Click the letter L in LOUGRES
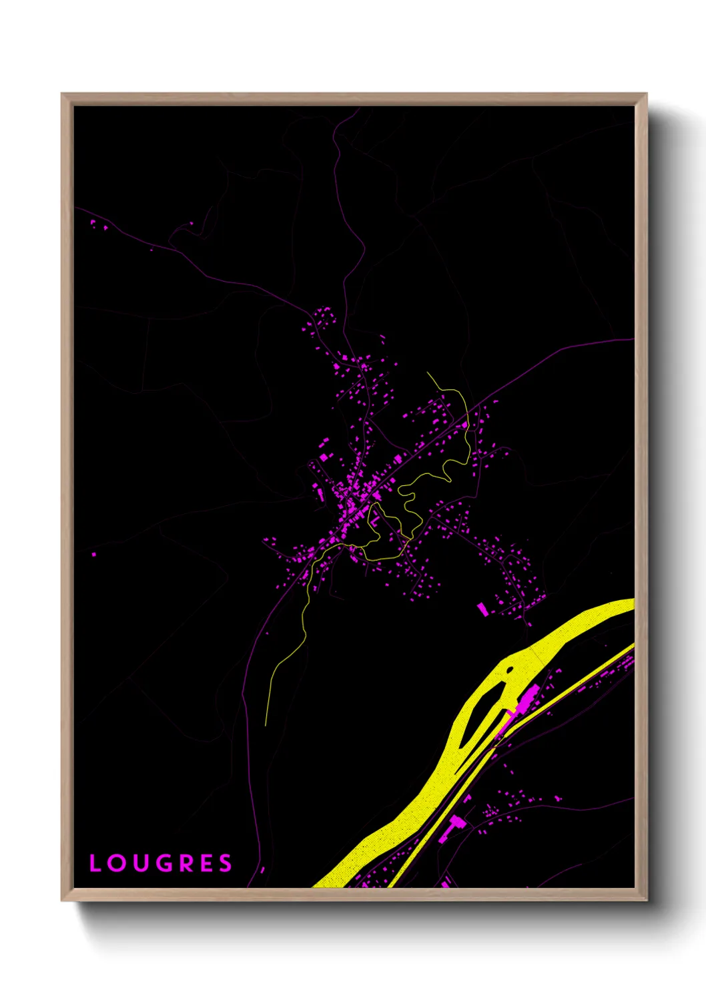tap(95, 863)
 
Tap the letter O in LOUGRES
tap(116, 863)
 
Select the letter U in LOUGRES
tap(140, 863)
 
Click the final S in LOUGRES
tap(226, 863)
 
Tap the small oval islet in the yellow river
tap(510, 669)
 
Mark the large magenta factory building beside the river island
tap(528, 700)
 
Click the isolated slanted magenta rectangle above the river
tap(482, 609)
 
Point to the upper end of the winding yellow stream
tap(428, 373)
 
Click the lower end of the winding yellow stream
tap(266, 724)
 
